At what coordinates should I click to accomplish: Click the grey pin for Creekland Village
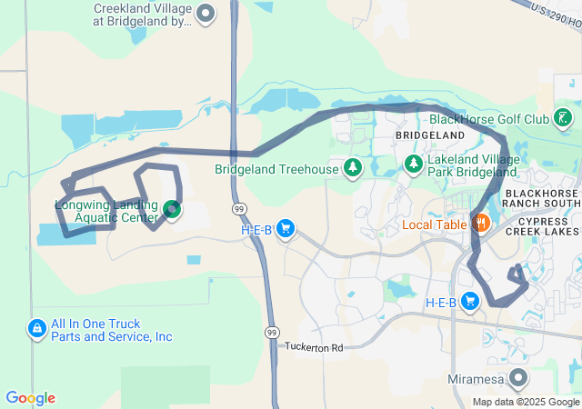pos(206,13)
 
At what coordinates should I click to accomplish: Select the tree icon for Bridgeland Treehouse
pos(353,168)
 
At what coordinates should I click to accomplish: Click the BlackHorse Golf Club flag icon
pos(564,118)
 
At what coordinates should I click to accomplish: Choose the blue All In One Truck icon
pos(37,328)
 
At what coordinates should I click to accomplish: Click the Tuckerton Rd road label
pos(315,348)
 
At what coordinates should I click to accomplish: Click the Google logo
pos(30,398)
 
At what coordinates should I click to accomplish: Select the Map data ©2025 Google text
pos(526,402)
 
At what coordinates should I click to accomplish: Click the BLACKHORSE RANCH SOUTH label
pos(541,198)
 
